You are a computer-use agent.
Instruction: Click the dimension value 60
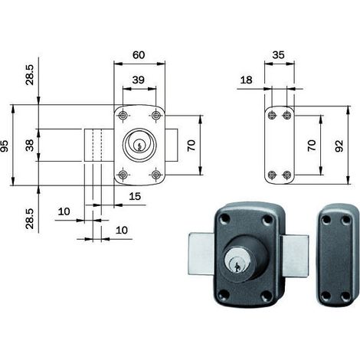pos(139,55)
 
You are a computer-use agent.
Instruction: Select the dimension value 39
pos(139,80)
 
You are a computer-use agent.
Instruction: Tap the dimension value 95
pos(5,146)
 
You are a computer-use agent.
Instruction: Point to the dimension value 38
pos(30,146)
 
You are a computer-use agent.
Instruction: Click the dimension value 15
pos(135,196)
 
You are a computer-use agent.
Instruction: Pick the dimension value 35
pos(278,55)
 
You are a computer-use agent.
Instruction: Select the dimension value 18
pos(246,80)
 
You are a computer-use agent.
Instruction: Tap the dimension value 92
pos(339,146)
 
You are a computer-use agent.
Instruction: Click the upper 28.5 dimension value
pos(29,75)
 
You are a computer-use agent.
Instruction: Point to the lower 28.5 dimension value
pos(29,218)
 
